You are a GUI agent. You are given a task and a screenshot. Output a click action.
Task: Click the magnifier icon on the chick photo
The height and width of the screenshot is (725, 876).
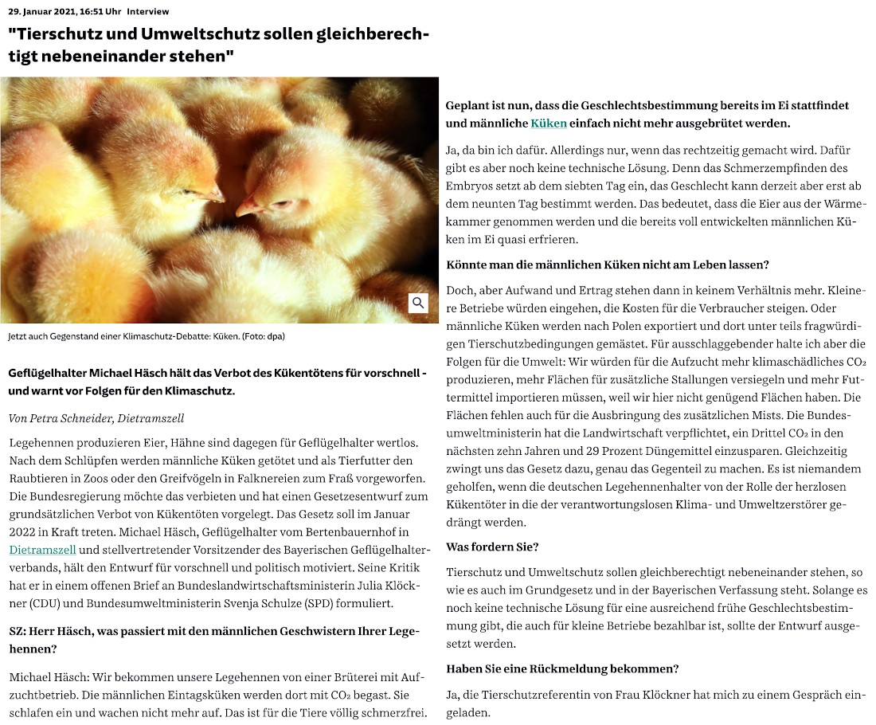(x=418, y=303)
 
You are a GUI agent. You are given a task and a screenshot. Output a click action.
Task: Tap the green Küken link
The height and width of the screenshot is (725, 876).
(x=548, y=123)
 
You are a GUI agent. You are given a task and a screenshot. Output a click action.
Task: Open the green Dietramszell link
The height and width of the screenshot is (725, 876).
(x=42, y=550)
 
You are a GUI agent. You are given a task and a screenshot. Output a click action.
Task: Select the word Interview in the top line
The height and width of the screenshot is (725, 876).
(x=147, y=12)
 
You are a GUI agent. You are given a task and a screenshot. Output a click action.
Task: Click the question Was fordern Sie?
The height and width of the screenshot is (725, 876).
(x=492, y=547)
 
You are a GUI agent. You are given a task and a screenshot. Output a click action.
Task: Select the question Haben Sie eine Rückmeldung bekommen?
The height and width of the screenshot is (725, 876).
(x=562, y=668)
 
